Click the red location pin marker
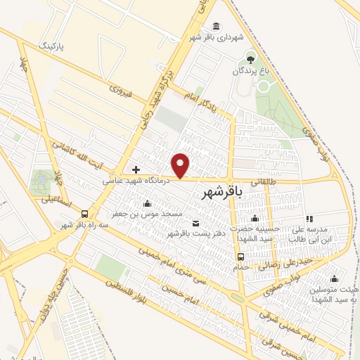coord(181,165)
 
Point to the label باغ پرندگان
coord(250,71)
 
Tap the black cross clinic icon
coord(136,170)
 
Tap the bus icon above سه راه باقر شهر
coord(85,214)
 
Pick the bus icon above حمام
coord(240,257)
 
